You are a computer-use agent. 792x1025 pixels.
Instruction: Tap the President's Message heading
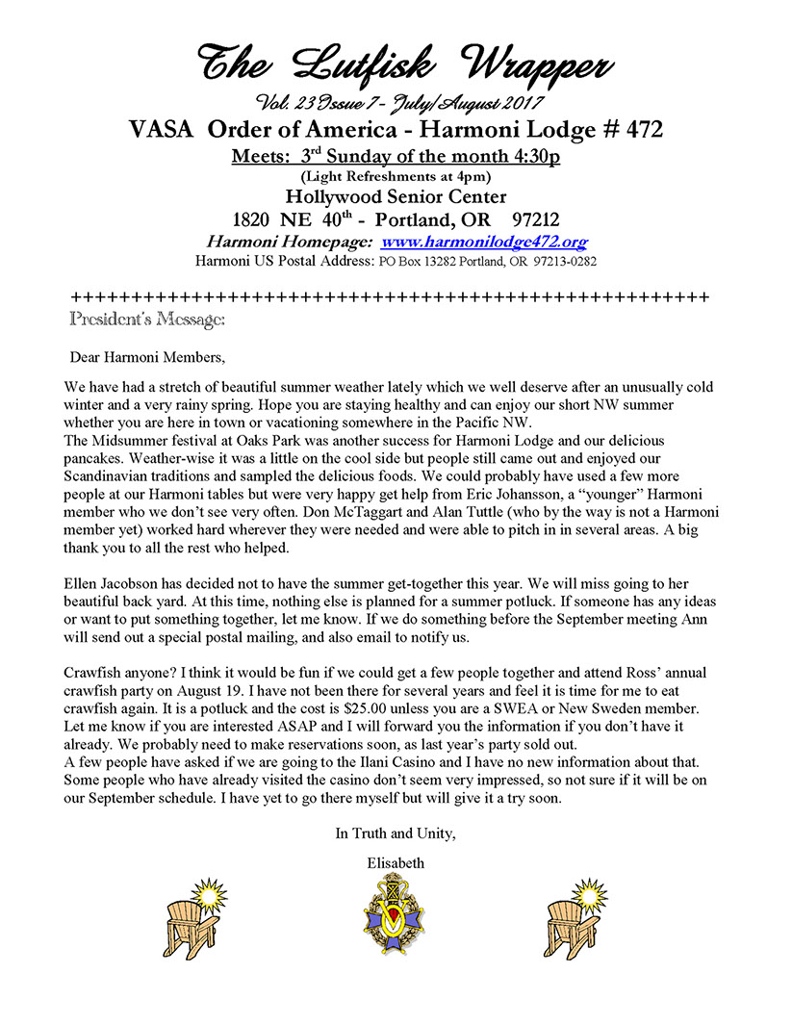(148, 317)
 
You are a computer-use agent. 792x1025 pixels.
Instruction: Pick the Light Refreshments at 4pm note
(395, 175)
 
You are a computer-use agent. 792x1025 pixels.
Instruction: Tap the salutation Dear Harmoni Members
(147, 358)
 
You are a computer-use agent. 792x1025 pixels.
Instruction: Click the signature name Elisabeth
(395, 863)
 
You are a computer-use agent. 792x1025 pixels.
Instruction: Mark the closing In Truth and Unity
(395, 833)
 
